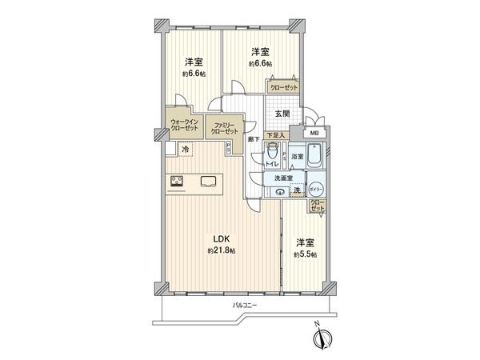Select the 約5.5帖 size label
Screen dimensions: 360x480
coord(304,254)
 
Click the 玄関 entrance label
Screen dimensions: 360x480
coord(283,114)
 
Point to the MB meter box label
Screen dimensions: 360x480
coord(314,134)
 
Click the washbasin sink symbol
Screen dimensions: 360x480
coord(280,191)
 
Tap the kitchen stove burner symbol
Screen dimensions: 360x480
coord(176,181)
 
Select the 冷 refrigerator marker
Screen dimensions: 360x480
coord(185,150)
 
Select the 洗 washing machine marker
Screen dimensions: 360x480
coord(296,190)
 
